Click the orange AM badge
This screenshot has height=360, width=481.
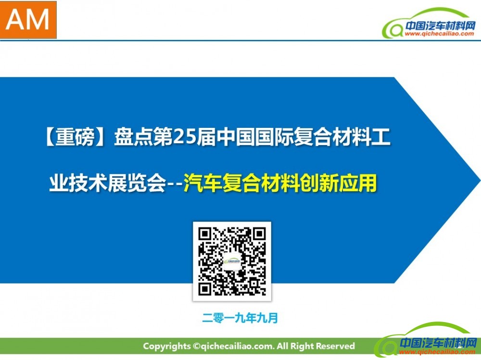coord(28,20)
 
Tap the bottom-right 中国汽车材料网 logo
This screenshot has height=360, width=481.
coord(426,340)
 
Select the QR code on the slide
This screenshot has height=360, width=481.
coord(232,261)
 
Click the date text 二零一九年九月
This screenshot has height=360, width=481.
coord(240,318)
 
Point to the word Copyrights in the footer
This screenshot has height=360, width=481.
coord(167,346)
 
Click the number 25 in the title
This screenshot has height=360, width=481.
coord(184,137)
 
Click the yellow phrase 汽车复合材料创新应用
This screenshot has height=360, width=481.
coord(280,183)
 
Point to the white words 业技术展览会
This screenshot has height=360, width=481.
coord(107,183)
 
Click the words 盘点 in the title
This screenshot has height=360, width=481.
coord(133,137)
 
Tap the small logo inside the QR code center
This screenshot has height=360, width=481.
coord(232,261)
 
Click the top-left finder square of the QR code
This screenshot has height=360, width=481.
coord(204,234)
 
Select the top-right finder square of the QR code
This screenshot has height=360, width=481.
coord(259,234)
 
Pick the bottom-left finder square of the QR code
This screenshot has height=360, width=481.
coord(204,289)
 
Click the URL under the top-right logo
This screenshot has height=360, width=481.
coord(439,34)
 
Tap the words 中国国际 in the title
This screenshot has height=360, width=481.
coord(254,137)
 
